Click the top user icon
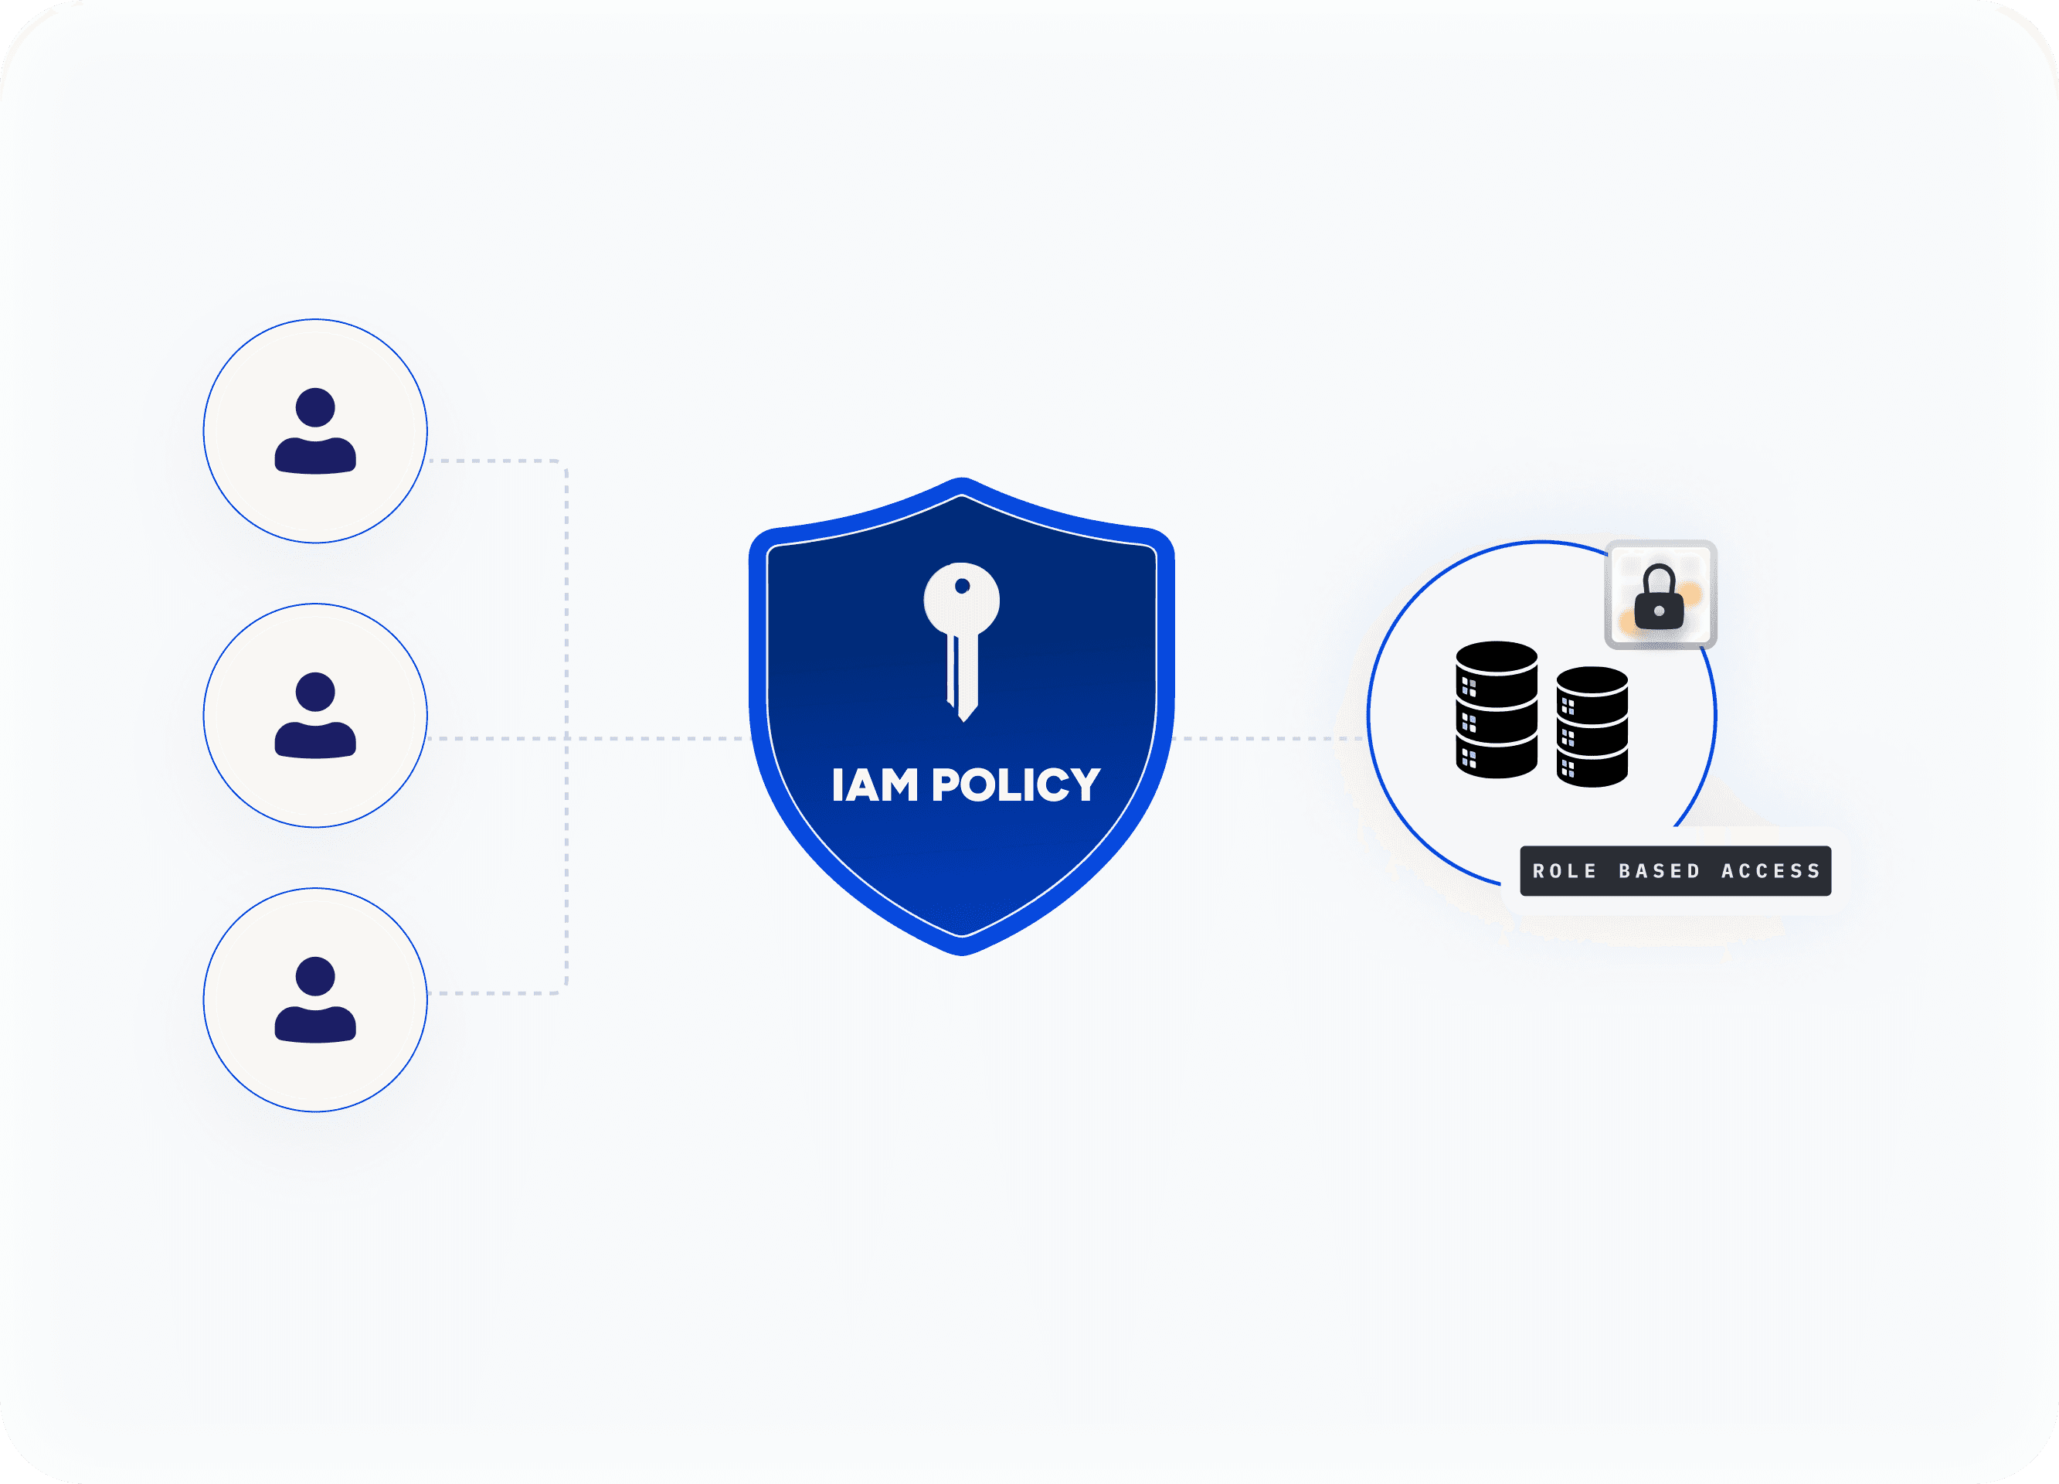pyautogui.click(x=315, y=431)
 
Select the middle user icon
pyautogui.click(x=315, y=715)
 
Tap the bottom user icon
pyautogui.click(x=315, y=999)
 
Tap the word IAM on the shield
pyautogui.click(x=875, y=785)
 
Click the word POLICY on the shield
pyautogui.click(x=1016, y=785)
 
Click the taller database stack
pyautogui.click(x=1496, y=710)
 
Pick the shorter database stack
pyautogui.click(x=1592, y=727)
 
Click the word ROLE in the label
pyautogui.click(x=1565, y=871)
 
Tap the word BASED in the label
pyautogui.click(x=1660, y=871)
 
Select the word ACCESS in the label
pyautogui.click(x=1772, y=871)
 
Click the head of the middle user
pyautogui.click(x=315, y=691)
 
